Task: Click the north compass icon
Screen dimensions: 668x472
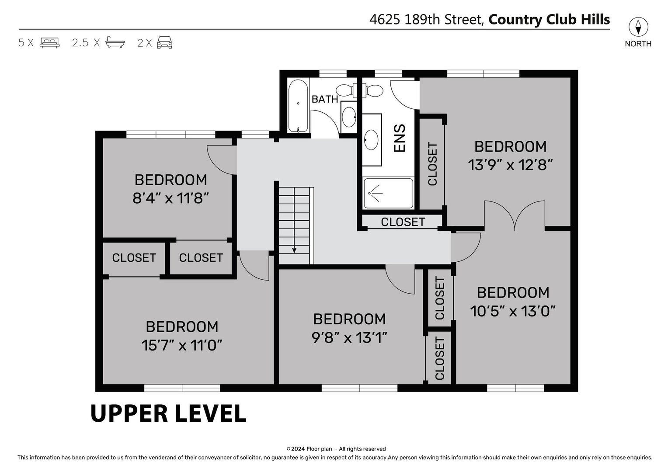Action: pos(638,27)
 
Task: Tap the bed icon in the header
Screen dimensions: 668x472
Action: pos(49,43)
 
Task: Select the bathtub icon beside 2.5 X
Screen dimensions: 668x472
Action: pos(115,42)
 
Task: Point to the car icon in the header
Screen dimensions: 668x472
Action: pos(165,42)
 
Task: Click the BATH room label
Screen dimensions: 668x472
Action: pos(325,99)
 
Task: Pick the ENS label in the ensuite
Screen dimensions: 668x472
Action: pos(400,138)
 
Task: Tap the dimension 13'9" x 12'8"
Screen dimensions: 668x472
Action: pos(510,165)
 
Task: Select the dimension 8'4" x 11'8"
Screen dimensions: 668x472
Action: pos(170,198)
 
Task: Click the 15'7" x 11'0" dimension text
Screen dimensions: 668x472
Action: pos(182,345)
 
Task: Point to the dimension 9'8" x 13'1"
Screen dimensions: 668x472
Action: pos(349,338)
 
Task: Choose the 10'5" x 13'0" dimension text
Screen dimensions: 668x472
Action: pos(513,311)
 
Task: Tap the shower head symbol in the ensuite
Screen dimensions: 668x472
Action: pos(375,193)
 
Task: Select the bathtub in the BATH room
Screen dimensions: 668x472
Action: pos(298,105)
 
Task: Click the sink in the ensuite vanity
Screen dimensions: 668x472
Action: pos(371,140)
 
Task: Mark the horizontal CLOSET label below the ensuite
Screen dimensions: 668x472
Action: pos(403,222)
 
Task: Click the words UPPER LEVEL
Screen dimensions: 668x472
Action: pos(168,413)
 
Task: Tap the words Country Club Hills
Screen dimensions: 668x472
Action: pos(549,20)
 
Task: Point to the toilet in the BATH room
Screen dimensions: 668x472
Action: pos(346,90)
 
